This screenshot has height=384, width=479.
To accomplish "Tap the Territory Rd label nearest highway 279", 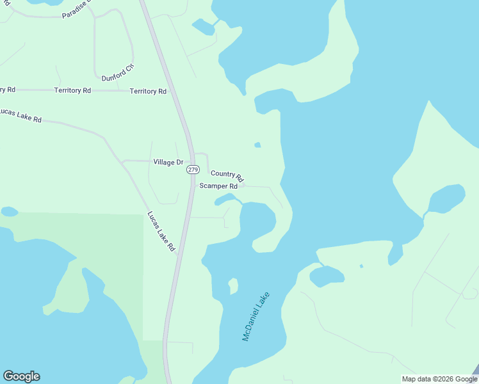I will [x=148, y=92].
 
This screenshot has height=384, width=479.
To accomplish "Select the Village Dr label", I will [x=168, y=163].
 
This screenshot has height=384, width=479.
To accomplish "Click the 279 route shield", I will [x=193, y=170].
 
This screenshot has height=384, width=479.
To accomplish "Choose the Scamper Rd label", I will [x=218, y=186].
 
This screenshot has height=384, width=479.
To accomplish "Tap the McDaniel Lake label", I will [x=256, y=317].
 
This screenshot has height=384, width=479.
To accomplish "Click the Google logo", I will [x=21, y=376].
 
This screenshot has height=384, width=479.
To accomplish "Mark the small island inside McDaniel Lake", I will [x=233, y=285].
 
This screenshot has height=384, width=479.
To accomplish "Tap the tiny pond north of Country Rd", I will [x=257, y=145].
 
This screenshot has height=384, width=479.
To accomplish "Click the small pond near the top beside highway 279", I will [x=203, y=27].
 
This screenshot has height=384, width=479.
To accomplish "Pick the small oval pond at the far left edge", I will [x=9, y=211].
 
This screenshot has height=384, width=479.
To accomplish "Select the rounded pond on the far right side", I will [x=446, y=199].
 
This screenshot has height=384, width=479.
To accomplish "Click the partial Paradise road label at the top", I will [x=77, y=10].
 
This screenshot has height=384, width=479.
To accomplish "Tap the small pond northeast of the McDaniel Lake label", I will [x=327, y=276].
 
